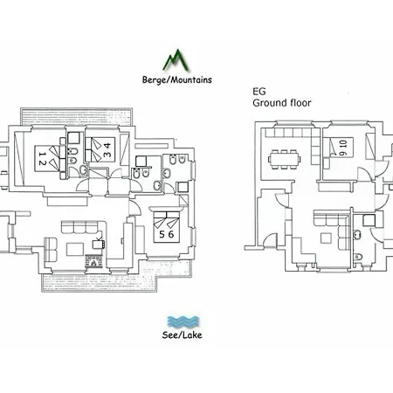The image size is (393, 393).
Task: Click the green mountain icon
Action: [x=176, y=60]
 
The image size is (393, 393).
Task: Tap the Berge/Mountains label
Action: [x=177, y=79]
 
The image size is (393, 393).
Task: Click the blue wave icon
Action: [x=183, y=321]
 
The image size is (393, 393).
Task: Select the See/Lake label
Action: [x=182, y=334]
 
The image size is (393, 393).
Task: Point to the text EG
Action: [x=259, y=92]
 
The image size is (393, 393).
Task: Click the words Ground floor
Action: [x=282, y=103]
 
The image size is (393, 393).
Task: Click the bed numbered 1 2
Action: [x=51, y=158]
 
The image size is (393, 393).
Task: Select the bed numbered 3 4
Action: [x=100, y=149]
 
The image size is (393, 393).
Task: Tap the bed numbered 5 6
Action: [x=167, y=227]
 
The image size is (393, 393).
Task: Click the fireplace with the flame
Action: [x=93, y=262]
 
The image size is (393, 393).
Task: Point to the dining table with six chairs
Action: [x=285, y=159]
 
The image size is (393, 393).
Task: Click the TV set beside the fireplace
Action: [x=98, y=244]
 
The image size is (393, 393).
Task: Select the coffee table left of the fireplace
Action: [x=75, y=250]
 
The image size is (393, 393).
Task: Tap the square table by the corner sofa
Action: [x=326, y=238]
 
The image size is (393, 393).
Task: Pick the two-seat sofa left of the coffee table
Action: [x=51, y=250]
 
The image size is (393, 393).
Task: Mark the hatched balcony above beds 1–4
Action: [x=77, y=117]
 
